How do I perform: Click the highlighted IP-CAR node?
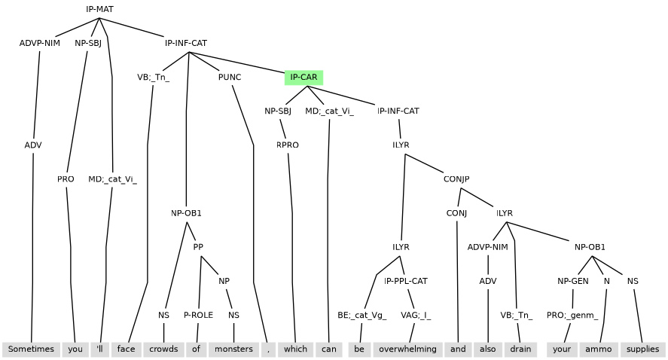(x=303, y=78)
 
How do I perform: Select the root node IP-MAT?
(x=99, y=9)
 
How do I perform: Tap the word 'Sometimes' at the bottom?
(x=31, y=349)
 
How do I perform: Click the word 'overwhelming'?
(x=407, y=349)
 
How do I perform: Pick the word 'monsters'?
(x=233, y=349)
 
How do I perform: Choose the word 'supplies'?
(x=642, y=349)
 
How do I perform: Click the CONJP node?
(x=456, y=179)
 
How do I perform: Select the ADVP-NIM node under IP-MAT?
(x=39, y=43)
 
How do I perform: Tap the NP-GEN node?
(x=573, y=281)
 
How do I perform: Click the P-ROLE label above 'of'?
(x=199, y=316)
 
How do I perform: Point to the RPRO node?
(x=288, y=145)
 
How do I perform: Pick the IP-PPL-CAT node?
(x=406, y=281)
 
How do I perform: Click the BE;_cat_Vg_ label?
(x=361, y=316)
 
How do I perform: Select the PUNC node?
(x=230, y=78)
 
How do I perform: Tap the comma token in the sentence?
(x=268, y=349)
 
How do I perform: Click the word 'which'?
(x=295, y=349)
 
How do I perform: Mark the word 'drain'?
(x=520, y=349)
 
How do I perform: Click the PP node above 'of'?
(x=199, y=247)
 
